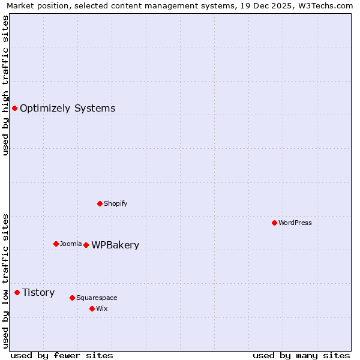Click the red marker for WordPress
[x=274, y=223]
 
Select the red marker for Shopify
[x=100, y=203]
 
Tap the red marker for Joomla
[x=56, y=244]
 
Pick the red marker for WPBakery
[x=86, y=245]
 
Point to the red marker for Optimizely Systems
[x=14, y=108]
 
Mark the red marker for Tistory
[x=17, y=292]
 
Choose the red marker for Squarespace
[x=72, y=298]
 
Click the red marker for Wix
[x=92, y=308]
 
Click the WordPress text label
[x=295, y=223]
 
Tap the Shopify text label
[x=116, y=203]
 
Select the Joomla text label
[x=71, y=244]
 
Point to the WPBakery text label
[x=115, y=245]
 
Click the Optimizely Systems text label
[x=68, y=108]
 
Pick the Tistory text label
[x=38, y=292]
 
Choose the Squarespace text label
[x=97, y=298]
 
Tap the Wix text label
[x=102, y=308]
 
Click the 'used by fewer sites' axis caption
[x=62, y=355]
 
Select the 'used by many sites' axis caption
[x=301, y=355]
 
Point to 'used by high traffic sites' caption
[x=5, y=85]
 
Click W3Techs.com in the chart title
[x=325, y=6]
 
